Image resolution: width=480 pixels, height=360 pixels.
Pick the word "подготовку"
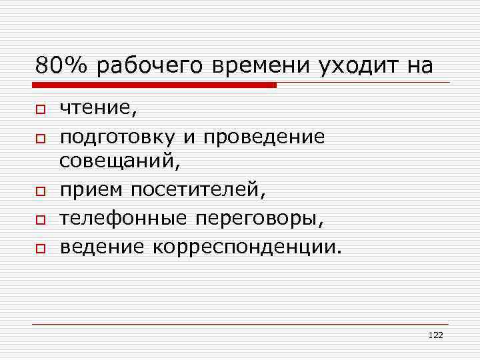117,137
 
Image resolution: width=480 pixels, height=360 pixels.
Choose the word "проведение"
265,137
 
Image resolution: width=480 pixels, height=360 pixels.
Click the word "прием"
91,191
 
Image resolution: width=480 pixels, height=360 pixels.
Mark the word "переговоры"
263,219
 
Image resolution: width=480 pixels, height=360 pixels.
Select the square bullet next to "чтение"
40,109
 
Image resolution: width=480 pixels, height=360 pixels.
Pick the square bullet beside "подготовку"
40,137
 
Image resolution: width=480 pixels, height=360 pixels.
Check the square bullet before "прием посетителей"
40,191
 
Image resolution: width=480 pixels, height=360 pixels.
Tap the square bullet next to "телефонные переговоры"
40,219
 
